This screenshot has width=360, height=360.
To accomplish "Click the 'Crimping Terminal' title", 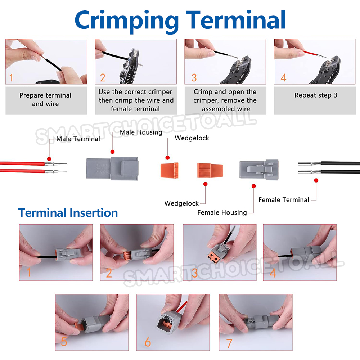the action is pos(180,21).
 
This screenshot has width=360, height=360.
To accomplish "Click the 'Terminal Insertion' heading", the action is pos(68,213).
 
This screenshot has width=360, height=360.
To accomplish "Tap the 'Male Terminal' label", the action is pos(78,139).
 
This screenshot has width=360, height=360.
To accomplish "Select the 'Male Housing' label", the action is pos(141,132).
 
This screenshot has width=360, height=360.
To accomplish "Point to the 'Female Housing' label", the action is pos(222,213).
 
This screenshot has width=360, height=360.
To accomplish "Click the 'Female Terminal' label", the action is pos(284,200).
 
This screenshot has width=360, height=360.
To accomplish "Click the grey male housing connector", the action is pos(112,168).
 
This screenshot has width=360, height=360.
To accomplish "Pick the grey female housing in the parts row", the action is pos(259,170).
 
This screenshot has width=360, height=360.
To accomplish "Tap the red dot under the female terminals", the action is pos(316,180).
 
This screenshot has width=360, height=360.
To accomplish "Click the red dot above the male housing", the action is pos(112,152).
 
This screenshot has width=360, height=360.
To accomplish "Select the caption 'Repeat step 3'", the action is pos(316,95).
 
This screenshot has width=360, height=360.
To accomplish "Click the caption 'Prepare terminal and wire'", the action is pos(45,99).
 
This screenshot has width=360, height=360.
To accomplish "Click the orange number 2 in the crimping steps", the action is pos(103,78).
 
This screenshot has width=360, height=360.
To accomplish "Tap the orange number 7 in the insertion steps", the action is pos(229,343).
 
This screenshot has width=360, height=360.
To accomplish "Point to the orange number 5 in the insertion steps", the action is pos(64,341).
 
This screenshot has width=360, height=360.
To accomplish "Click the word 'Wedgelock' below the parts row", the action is pos(181,203).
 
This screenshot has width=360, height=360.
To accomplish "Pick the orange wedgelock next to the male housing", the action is pos(170,170).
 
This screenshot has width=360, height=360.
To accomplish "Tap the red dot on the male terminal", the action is pos(49,159).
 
